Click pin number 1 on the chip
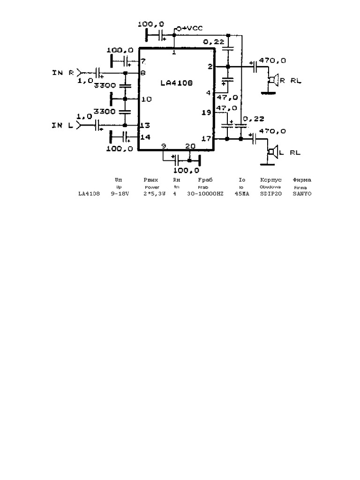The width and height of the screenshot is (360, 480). click(x=174, y=52)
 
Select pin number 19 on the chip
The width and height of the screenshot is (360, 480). click(x=206, y=112)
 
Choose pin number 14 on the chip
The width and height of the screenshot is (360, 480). click(x=145, y=137)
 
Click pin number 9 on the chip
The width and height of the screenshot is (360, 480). click(x=164, y=146)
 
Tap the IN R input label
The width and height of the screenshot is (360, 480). click(x=63, y=73)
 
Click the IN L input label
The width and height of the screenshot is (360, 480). click(x=62, y=125)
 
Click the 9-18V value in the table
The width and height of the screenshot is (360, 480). click(x=120, y=194)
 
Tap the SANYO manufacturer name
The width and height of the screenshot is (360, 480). click(x=302, y=194)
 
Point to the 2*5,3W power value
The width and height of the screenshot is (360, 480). click(x=154, y=194)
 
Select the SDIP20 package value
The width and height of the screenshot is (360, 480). click(x=270, y=194)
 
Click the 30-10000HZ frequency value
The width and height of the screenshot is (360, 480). click(x=205, y=194)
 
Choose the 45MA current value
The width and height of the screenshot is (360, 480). click(x=242, y=194)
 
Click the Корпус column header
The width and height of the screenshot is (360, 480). click(x=270, y=180)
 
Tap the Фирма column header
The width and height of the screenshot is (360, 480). click(x=302, y=180)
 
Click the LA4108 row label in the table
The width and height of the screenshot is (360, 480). click(x=89, y=194)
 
